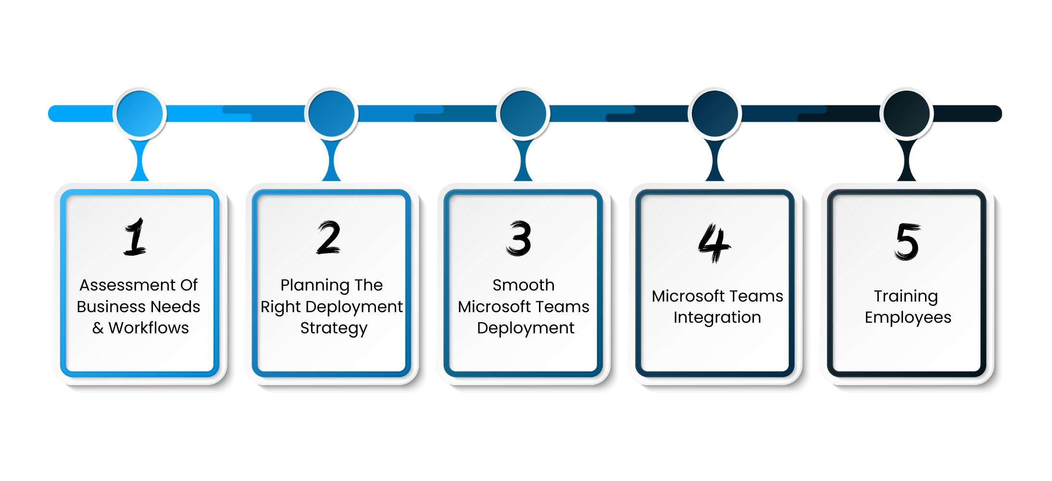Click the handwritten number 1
click(x=135, y=237)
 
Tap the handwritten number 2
click(x=329, y=238)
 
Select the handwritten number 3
click(x=519, y=239)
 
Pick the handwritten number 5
click(x=907, y=241)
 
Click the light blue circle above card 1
click(x=140, y=114)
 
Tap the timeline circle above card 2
click(x=331, y=114)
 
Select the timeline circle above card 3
click(x=523, y=114)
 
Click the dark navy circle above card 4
click(x=715, y=114)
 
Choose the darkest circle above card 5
click(x=907, y=114)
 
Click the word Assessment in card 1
click(x=127, y=285)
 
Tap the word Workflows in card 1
click(x=149, y=328)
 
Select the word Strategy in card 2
click(x=334, y=329)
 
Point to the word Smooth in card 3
click(x=523, y=285)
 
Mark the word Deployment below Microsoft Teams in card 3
click(x=525, y=329)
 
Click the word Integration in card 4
click(x=717, y=318)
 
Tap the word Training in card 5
click(x=906, y=297)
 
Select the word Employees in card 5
click(x=908, y=318)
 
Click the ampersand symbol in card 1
click(x=98, y=329)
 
